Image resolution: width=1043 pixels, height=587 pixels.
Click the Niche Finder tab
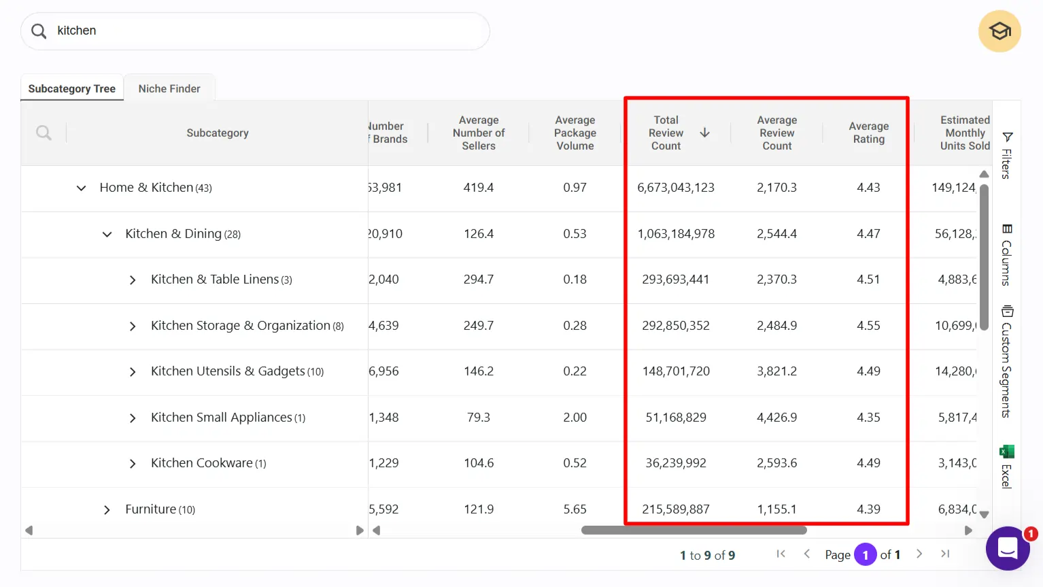point(169,88)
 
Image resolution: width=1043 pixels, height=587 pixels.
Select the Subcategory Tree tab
point(71,88)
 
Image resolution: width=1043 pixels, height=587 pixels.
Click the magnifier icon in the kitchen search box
point(39,31)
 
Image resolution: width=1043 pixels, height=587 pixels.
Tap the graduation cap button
point(999,31)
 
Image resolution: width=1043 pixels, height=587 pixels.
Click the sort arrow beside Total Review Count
point(705,133)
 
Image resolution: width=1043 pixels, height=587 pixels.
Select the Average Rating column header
point(868,133)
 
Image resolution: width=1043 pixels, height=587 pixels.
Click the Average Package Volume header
point(575,133)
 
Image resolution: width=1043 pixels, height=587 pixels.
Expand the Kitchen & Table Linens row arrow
point(133,280)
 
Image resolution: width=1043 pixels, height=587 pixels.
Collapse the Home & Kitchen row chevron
point(81,188)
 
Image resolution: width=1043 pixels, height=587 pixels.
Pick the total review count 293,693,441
point(675,280)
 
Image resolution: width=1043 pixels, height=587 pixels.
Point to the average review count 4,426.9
point(776,418)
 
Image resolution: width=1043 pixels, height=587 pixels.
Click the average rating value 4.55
point(868,326)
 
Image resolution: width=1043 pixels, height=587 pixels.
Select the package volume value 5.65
point(575,509)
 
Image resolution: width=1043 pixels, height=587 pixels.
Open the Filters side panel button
point(1007,155)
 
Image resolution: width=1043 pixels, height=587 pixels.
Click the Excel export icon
point(1007,452)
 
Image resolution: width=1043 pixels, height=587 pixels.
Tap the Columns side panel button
point(1007,254)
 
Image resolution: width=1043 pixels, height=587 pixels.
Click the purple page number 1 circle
point(865,555)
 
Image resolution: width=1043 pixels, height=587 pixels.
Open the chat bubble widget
point(1008,548)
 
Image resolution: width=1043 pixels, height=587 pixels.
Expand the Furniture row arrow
point(107,509)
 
